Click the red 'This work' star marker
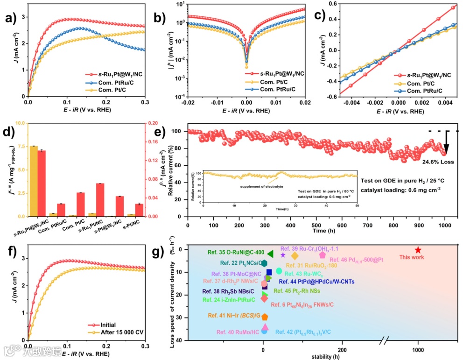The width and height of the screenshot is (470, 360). click(418, 250)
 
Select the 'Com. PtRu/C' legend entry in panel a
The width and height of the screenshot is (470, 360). click(117, 82)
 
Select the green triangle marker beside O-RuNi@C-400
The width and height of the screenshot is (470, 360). click(270, 253)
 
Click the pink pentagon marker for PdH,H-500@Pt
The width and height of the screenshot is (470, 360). click(322, 255)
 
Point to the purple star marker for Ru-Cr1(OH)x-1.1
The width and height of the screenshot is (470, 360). click(282, 254)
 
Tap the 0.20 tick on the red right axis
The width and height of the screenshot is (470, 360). click(159, 123)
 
